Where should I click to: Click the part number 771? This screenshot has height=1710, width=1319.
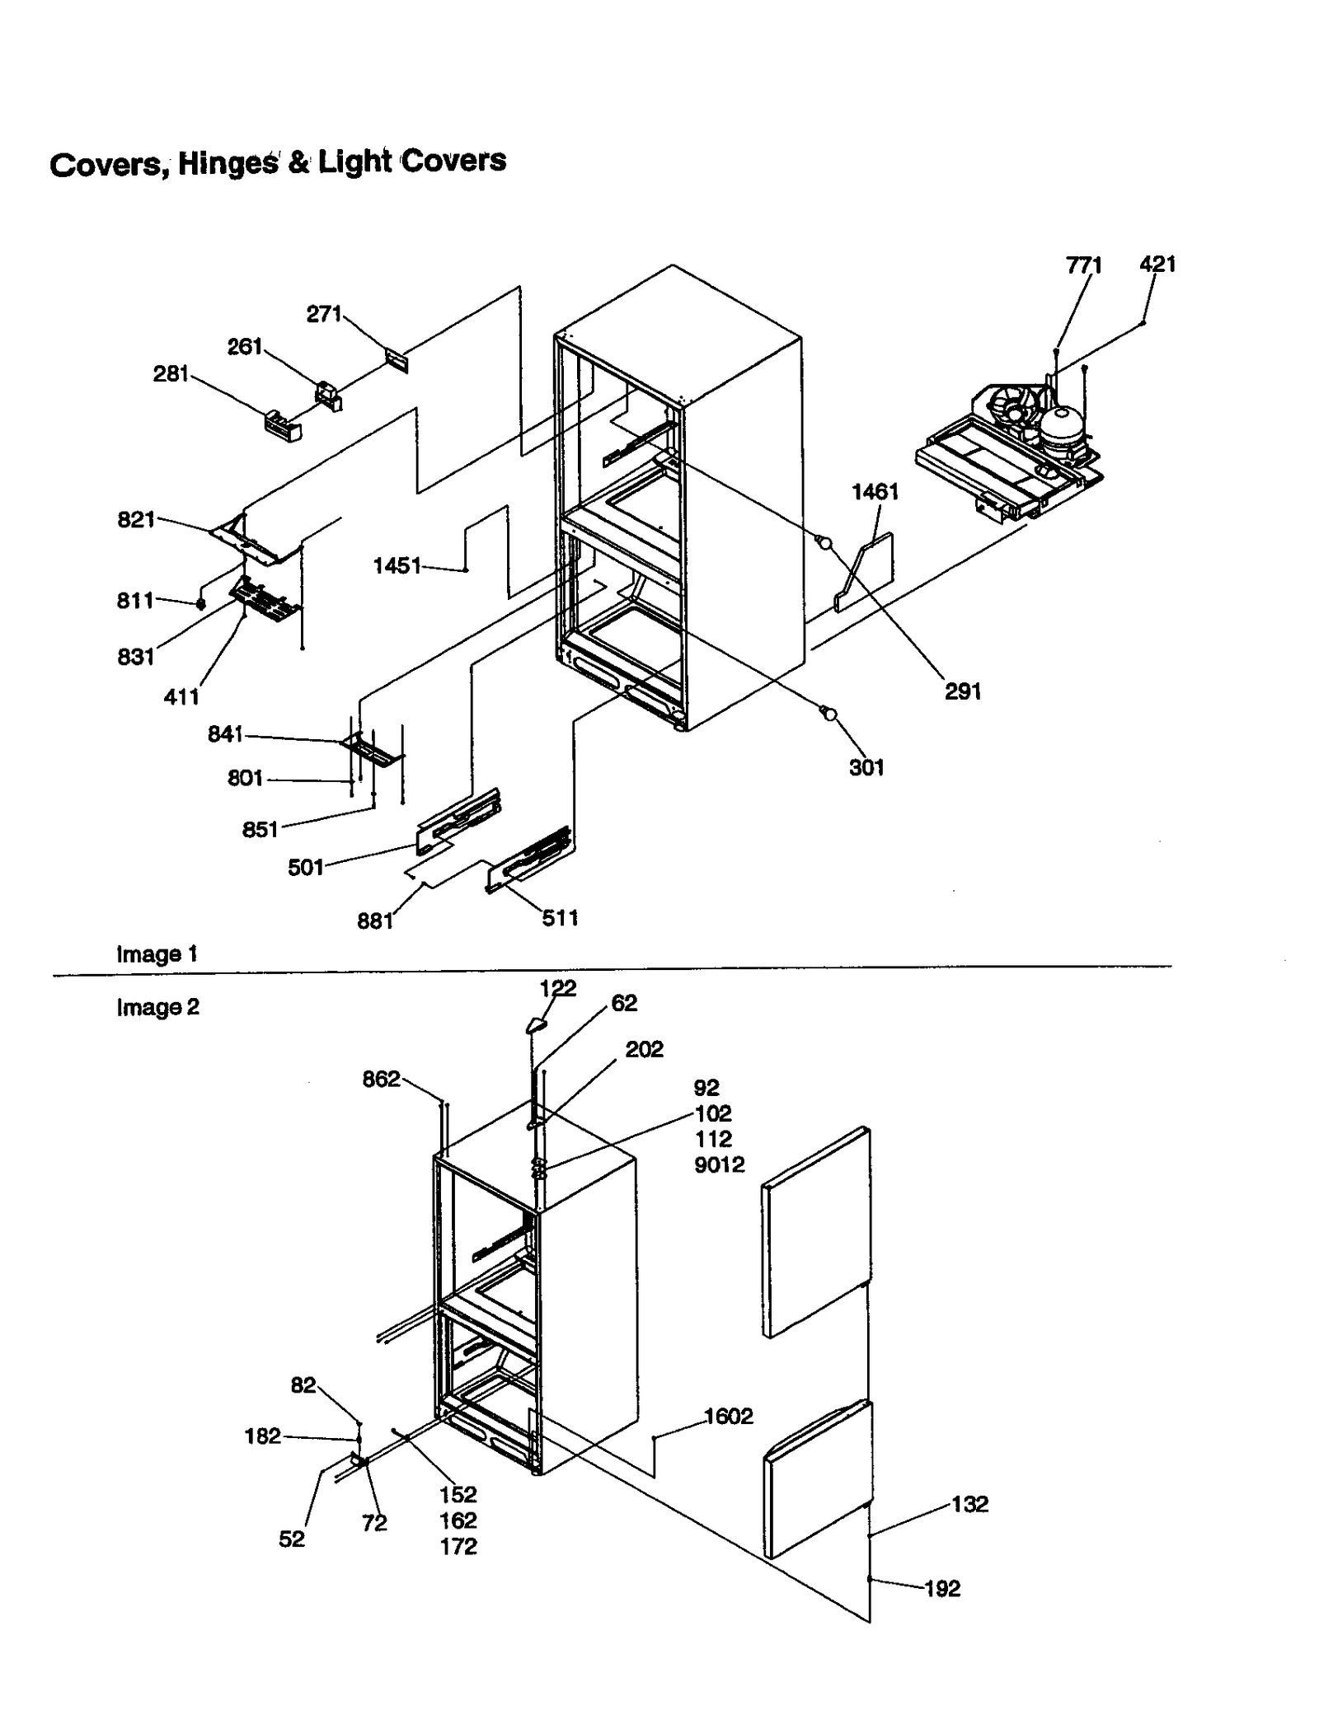(x=1083, y=265)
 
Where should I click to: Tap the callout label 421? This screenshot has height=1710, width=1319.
(x=1157, y=264)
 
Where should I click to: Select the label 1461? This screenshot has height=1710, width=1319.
(x=875, y=492)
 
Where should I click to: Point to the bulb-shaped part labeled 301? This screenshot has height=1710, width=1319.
(x=828, y=714)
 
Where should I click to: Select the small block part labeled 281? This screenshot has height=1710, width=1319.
(x=282, y=425)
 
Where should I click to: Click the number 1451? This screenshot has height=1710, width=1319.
(x=397, y=565)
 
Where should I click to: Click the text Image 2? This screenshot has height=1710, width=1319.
(x=157, y=1007)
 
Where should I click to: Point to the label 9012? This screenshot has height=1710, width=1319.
(x=719, y=1164)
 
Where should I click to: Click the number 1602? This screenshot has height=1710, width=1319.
(x=728, y=1416)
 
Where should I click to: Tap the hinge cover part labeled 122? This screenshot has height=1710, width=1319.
(x=536, y=1024)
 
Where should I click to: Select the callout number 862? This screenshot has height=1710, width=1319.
(x=381, y=1079)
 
